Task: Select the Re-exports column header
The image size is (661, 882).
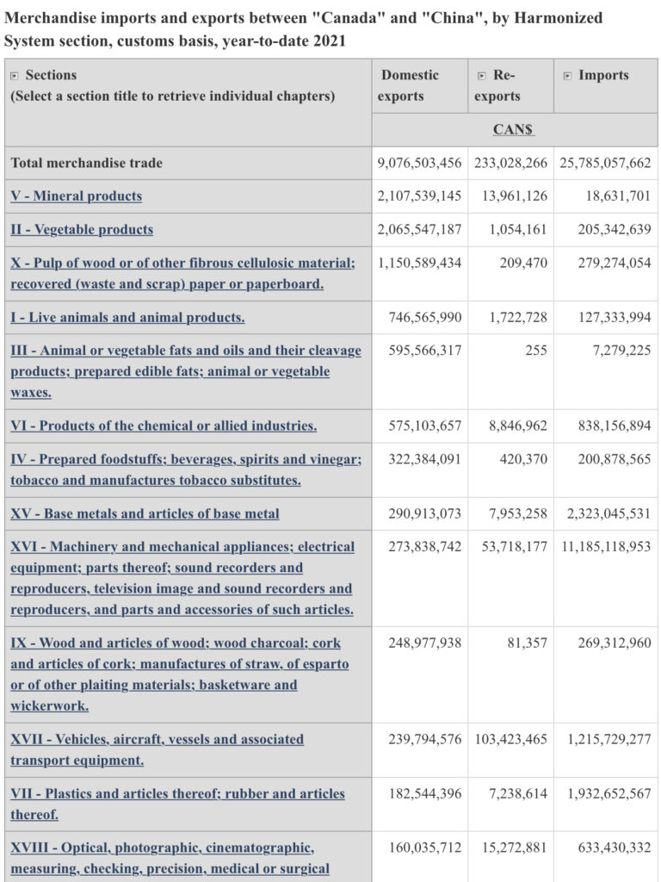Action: coord(497,85)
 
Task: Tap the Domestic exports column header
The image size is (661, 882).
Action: coord(409,85)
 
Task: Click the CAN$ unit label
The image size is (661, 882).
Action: coord(513,129)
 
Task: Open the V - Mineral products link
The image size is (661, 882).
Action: coord(77,196)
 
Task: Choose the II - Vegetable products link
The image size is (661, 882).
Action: coord(82,229)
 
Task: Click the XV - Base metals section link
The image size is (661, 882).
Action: coord(145,513)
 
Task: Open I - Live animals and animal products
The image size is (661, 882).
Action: coord(127,317)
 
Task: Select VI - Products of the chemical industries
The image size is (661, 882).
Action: coord(164,425)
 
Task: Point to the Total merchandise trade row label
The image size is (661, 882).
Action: coord(87,163)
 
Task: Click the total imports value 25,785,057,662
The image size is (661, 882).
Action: coord(605,163)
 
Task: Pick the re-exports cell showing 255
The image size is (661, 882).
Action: coord(536,351)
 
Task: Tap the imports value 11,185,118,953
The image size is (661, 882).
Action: coord(607,547)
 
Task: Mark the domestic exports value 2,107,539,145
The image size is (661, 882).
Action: coord(419,196)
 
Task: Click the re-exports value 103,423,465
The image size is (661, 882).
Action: coord(511,739)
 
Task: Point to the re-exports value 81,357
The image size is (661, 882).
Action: coord(527,643)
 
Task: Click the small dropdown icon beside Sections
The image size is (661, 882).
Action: coord(15,76)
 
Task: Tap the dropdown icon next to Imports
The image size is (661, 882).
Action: coord(568,76)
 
